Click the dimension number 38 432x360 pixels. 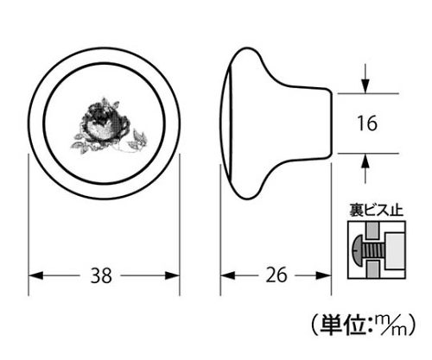click(x=101, y=275)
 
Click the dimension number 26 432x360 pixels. click(x=276, y=275)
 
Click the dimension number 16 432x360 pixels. click(x=367, y=123)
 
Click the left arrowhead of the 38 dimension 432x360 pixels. click(x=35, y=275)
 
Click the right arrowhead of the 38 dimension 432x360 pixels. click(x=172, y=275)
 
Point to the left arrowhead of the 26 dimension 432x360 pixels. click(x=228, y=275)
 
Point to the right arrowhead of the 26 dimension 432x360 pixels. click(x=324, y=275)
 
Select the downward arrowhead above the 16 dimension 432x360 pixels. click(x=365, y=85)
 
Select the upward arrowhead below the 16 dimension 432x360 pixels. click(x=365, y=161)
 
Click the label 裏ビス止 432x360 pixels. click(x=376, y=210)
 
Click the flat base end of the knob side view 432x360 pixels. click(x=332, y=123)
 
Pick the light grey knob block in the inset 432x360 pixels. click(x=394, y=250)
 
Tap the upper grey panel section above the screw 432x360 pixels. click(x=372, y=231)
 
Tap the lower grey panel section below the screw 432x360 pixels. click(x=372, y=269)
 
